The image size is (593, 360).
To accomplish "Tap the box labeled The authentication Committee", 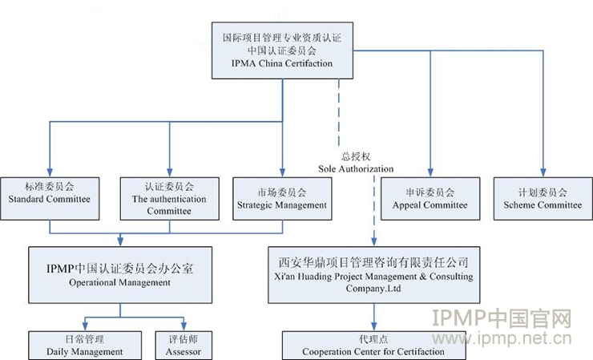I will [x=169, y=198].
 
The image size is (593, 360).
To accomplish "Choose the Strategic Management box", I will [x=282, y=198].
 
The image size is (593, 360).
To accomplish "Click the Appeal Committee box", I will [x=430, y=198].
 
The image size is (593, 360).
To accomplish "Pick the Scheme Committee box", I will [x=543, y=198].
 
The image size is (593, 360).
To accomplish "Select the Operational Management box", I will [x=121, y=275].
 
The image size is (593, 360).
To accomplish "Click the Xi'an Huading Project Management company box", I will [x=374, y=275].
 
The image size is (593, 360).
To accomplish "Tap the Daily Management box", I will [x=83, y=345].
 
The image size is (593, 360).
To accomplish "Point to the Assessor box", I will [x=184, y=345].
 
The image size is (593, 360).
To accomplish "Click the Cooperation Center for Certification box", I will [x=374, y=345].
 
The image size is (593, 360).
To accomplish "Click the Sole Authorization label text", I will [x=355, y=169].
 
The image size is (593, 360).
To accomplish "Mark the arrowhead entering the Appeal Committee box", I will [x=430, y=172].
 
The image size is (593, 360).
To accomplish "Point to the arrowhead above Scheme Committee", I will [x=543, y=172].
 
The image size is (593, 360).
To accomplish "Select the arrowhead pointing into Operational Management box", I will [x=121, y=242].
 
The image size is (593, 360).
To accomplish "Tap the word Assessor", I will [x=184, y=351].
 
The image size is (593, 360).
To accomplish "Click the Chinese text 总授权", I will [x=355, y=157].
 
